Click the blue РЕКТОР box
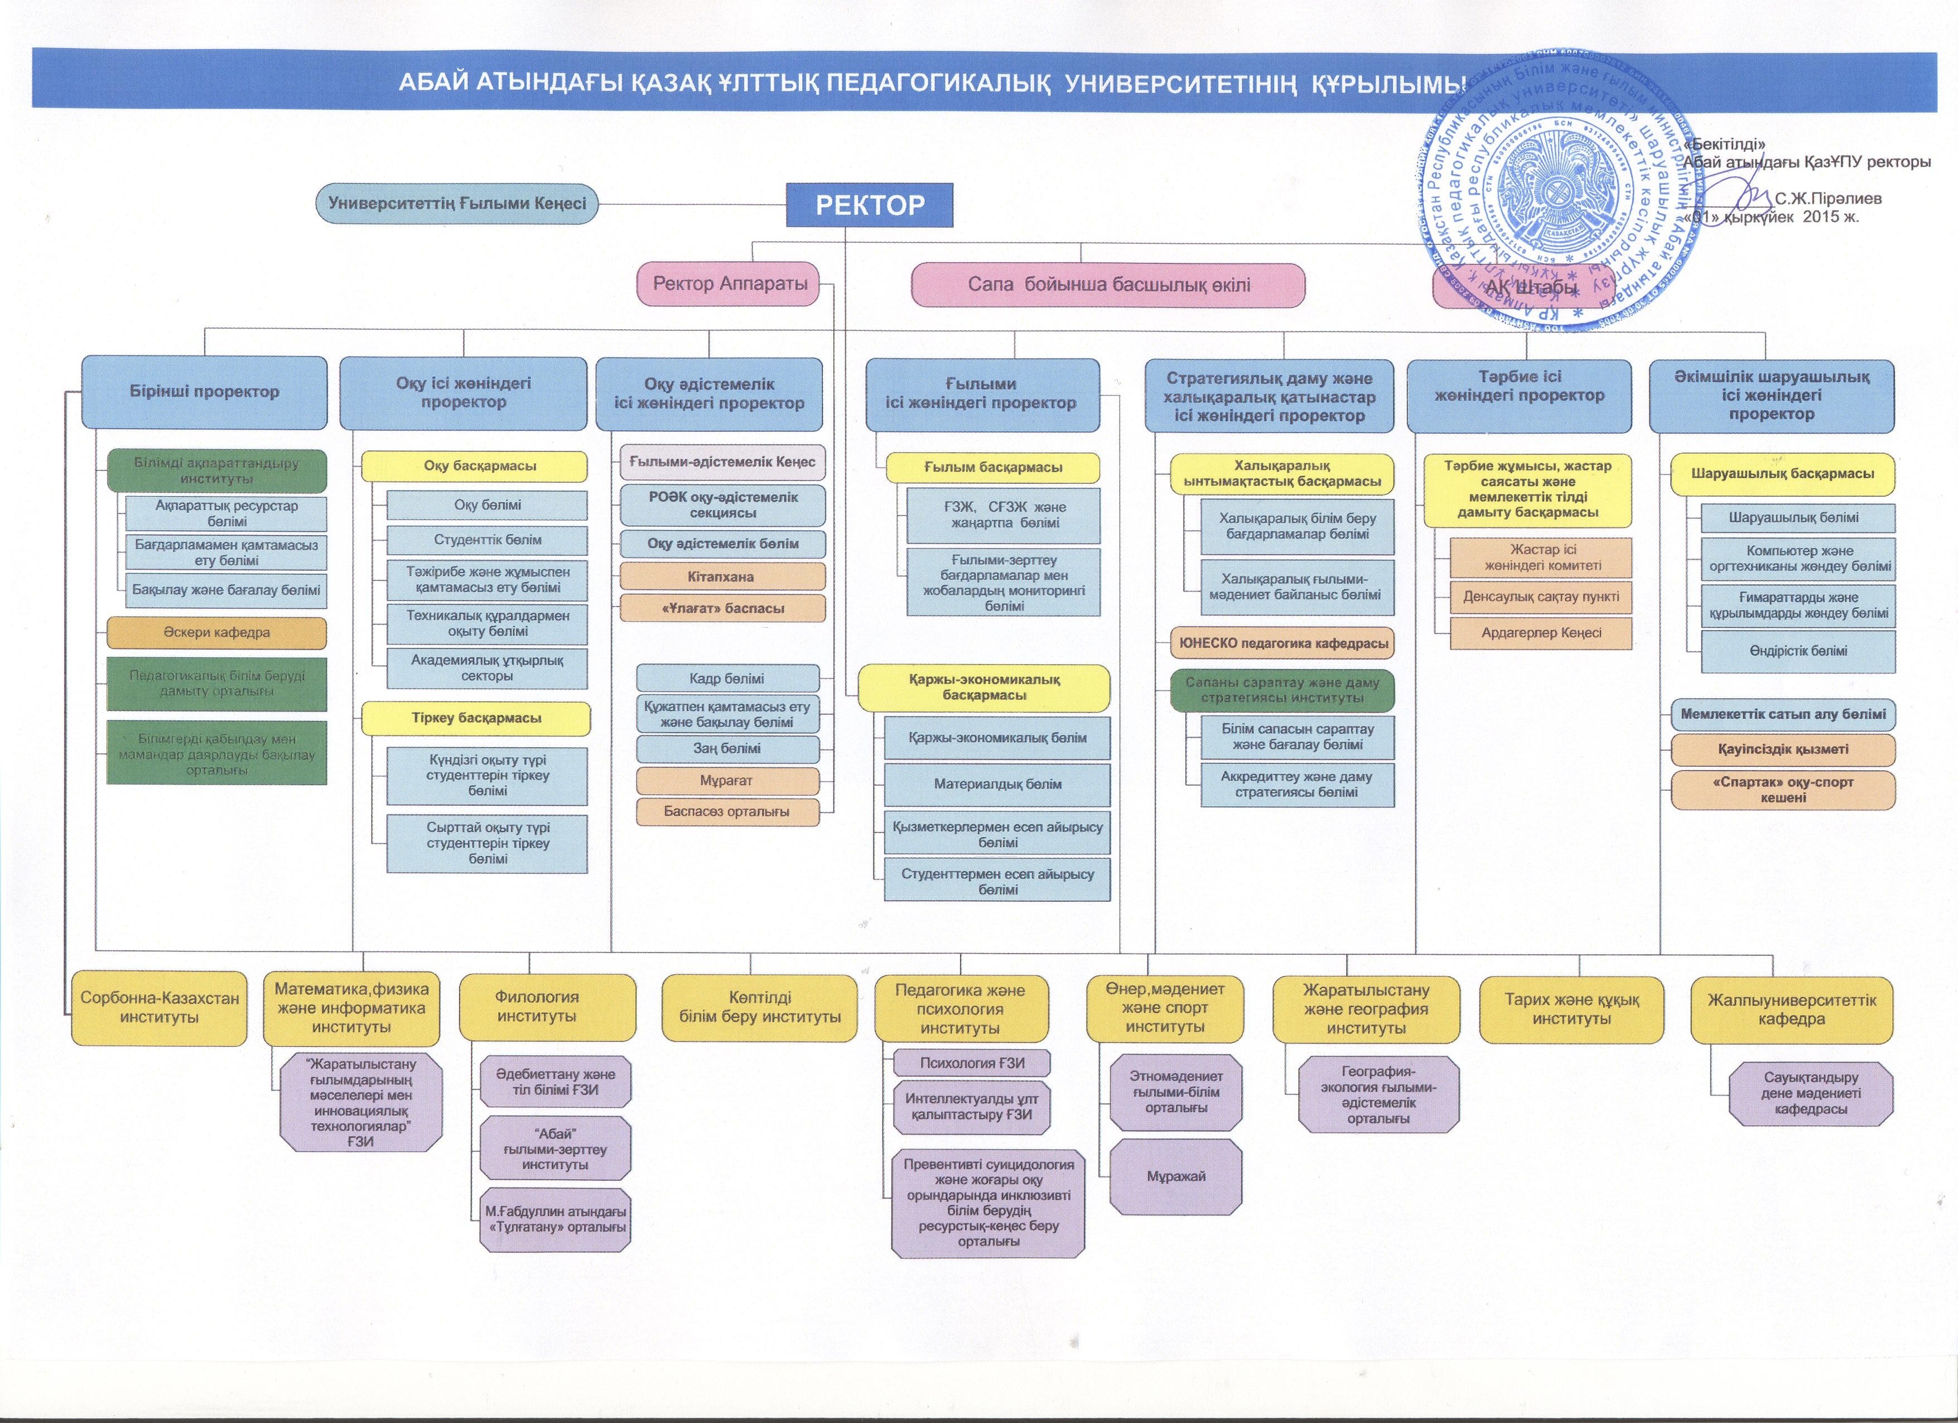pos(869,205)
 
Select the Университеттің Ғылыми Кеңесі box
pos(457,204)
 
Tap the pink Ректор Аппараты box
pos(730,284)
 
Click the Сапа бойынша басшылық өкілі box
pos(1108,285)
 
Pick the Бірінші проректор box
pos(205,392)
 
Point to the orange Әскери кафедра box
pos(216,633)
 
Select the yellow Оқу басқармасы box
pos(474,467)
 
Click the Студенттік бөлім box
pos(487,541)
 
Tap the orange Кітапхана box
pos(722,577)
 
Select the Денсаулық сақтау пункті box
pos(1541,597)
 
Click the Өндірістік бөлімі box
pos(1798,651)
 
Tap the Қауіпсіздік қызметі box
pos(1783,749)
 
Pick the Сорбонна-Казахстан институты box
pos(160,1008)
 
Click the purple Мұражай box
pos(1176,1176)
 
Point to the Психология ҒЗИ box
pos(972,1063)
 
